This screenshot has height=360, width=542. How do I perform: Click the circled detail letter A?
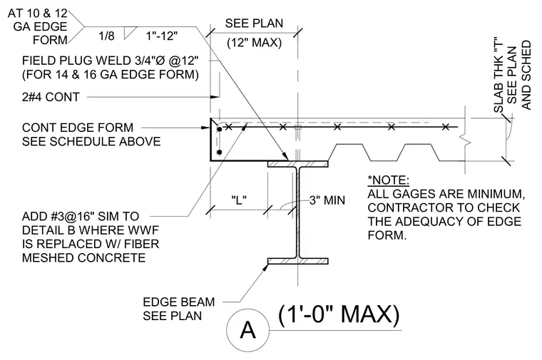click(247, 330)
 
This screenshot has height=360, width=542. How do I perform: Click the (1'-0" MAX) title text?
click(339, 315)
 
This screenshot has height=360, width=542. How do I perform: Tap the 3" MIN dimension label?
click(327, 200)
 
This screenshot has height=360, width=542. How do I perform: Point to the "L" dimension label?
click(239, 200)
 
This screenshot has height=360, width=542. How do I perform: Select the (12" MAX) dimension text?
click(255, 43)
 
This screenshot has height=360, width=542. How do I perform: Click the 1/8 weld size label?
click(106, 36)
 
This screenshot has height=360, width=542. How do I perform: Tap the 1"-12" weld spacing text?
click(162, 36)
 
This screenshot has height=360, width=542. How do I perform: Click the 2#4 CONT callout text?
click(51, 97)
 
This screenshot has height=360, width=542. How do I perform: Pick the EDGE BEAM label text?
click(179, 302)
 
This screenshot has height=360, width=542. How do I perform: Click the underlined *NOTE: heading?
click(389, 180)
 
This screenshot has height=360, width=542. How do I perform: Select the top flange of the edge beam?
click(297, 164)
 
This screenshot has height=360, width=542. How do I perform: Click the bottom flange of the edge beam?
click(297, 261)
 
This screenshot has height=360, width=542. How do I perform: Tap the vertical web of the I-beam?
click(297, 212)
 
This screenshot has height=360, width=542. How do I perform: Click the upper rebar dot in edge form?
click(219, 130)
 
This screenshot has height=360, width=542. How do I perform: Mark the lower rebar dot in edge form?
click(219, 152)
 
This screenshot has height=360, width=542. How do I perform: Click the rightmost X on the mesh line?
click(446, 127)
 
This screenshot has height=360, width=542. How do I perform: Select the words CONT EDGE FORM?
click(78, 128)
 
